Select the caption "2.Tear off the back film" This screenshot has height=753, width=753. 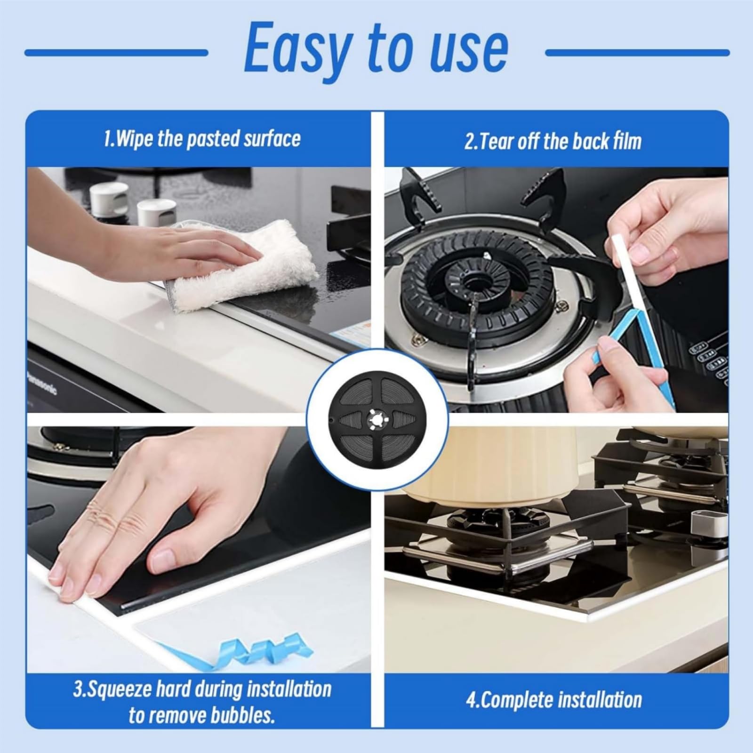(x=553, y=141)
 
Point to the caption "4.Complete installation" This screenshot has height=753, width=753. (x=554, y=700)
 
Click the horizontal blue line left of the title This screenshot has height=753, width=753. (x=116, y=53)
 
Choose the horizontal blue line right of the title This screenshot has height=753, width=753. (x=638, y=53)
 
